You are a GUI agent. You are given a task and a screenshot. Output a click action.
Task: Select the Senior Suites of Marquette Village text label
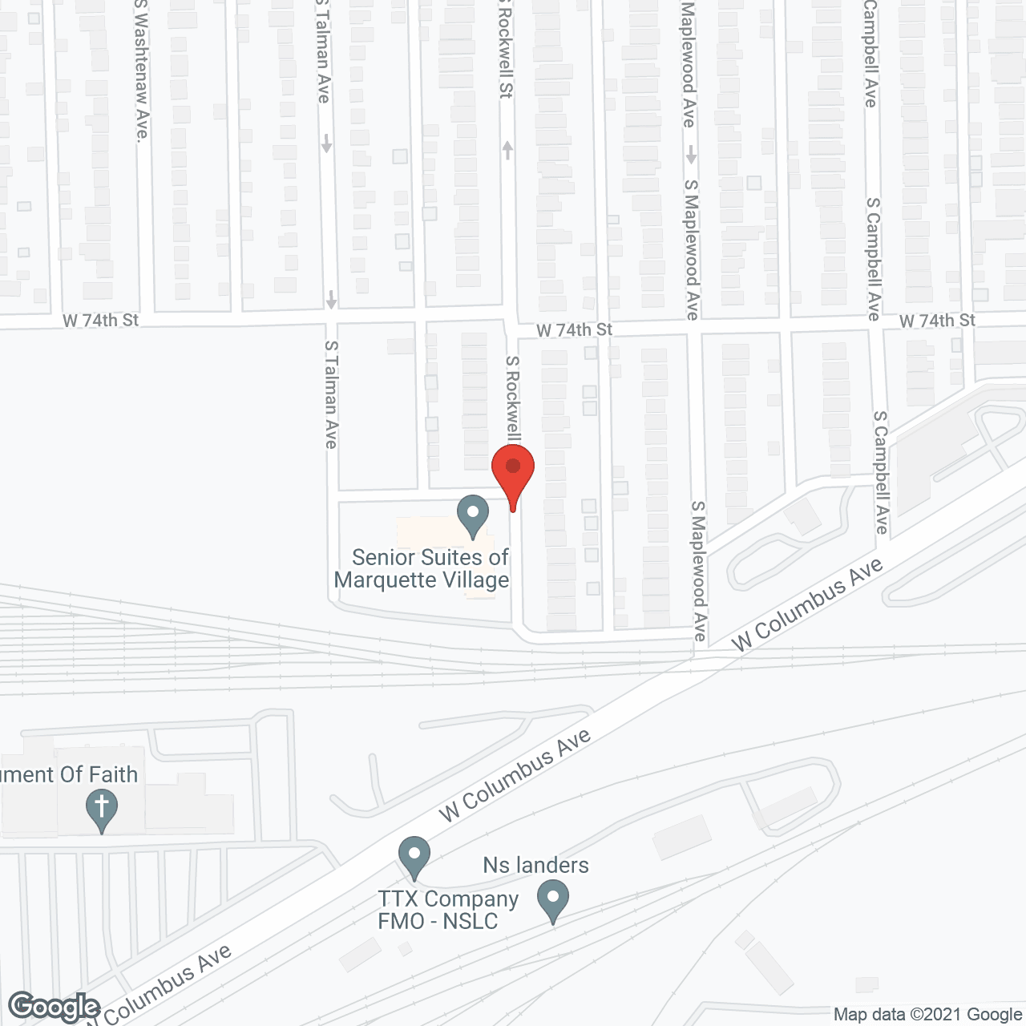(422, 568)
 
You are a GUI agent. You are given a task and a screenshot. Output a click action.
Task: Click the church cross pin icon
(102, 809)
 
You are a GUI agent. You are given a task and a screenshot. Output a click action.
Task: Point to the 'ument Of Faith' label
(70, 774)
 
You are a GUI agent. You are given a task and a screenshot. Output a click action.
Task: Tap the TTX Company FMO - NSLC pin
(414, 856)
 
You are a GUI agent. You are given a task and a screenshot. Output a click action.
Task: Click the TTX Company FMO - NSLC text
(448, 910)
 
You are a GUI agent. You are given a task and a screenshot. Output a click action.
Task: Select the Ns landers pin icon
(552, 900)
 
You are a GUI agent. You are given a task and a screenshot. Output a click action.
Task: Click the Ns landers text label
(535, 866)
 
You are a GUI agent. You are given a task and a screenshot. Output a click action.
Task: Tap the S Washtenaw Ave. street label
(142, 71)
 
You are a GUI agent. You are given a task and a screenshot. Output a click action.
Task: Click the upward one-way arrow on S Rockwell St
(507, 149)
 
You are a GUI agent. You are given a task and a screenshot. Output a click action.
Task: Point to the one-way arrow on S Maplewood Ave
(691, 154)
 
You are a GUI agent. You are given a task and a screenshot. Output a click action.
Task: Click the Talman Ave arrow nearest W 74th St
(331, 299)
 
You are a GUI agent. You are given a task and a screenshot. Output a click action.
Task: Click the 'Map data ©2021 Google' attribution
(928, 1015)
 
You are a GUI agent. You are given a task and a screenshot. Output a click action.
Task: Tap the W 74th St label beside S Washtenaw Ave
(101, 321)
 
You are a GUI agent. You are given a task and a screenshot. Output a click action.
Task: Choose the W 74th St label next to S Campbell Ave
(937, 321)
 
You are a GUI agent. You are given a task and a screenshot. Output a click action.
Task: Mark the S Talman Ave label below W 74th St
(331, 394)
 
